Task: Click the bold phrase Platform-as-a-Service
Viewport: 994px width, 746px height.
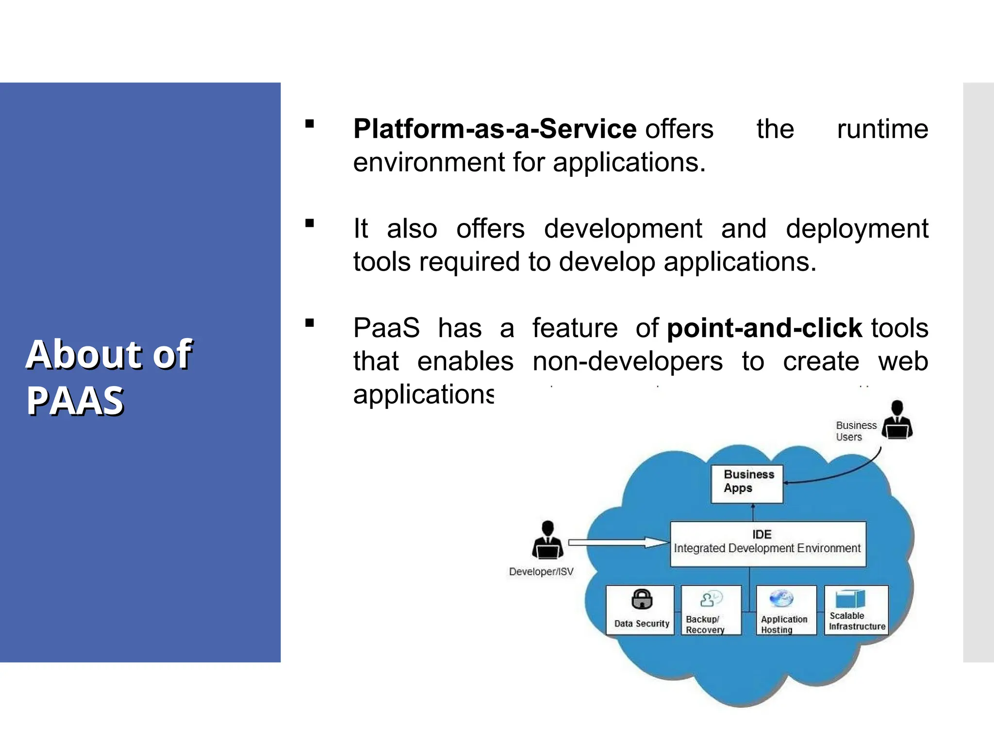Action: pyautogui.click(x=494, y=129)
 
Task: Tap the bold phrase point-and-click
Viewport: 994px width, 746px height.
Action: pyautogui.click(x=764, y=328)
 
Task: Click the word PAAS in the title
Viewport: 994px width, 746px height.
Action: pyautogui.click(x=75, y=401)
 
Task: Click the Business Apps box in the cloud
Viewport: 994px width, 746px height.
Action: pyautogui.click(x=746, y=484)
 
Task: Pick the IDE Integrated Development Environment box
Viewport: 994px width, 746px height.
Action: pyautogui.click(x=768, y=544)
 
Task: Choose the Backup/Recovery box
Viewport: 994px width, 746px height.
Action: pyautogui.click(x=711, y=610)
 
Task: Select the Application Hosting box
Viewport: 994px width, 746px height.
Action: pyautogui.click(x=786, y=610)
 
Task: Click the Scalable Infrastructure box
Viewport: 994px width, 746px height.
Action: pyautogui.click(x=857, y=610)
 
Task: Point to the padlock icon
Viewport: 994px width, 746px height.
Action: pyautogui.click(x=642, y=599)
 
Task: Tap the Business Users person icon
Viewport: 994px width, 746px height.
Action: pyautogui.click(x=897, y=420)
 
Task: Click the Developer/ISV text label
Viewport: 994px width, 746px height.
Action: pyautogui.click(x=541, y=572)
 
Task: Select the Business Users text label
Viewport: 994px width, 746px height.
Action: pyautogui.click(x=855, y=431)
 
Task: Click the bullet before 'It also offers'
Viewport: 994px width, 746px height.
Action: pyautogui.click(x=310, y=223)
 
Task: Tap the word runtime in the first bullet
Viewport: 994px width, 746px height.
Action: pyautogui.click(x=882, y=129)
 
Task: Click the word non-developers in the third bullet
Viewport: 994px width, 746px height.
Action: pyautogui.click(x=627, y=362)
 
